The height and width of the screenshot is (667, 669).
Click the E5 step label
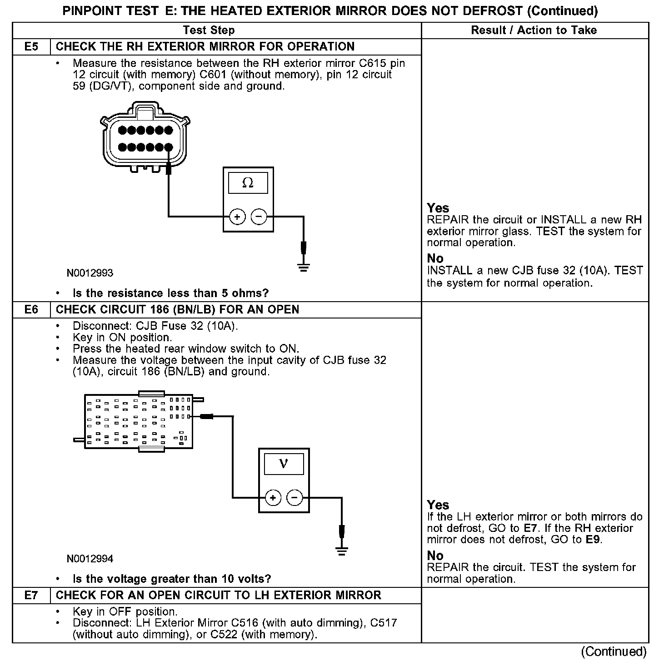point(31,46)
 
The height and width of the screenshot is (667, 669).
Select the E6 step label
point(31,309)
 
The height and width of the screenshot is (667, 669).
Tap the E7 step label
point(31,595)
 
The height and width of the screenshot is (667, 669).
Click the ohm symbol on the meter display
point(248,183)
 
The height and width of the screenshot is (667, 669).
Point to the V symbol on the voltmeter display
point(284,464)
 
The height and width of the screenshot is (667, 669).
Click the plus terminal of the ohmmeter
point(237,217)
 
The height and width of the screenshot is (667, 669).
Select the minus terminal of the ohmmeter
point(259,217)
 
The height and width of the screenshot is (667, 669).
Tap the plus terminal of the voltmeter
point(273,498)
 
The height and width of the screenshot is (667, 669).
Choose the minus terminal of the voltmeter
point(295,498)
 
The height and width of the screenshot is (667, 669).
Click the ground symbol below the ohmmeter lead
point(304,268)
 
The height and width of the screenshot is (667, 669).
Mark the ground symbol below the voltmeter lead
point(342,551)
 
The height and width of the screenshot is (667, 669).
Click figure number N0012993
point(90,273)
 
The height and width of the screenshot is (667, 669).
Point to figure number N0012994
point(90,559)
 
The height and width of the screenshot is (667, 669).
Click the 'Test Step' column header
point(209,30)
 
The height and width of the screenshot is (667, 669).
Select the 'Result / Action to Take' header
point(534,30)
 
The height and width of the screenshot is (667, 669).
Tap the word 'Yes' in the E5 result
point(438,208)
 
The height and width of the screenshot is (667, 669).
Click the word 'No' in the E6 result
point(435,556)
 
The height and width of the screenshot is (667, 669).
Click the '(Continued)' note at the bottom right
point(613,652)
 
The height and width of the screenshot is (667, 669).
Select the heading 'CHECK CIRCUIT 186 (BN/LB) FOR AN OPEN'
point(177,309)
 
